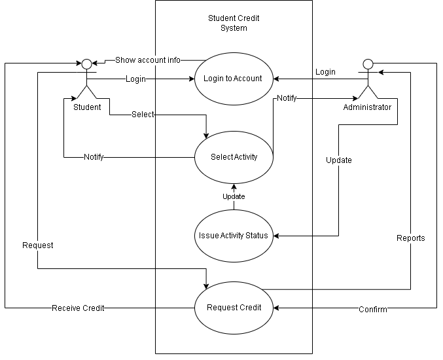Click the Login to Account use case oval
[233, 79]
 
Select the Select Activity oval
[234, 157]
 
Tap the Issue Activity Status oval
[234, 236]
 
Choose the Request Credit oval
[234, 308]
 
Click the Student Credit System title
[234, 23]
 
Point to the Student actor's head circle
[86, 63]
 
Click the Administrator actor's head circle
[368, 63]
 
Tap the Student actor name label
[87, 107]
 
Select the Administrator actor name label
[367, 107]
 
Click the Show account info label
[148, 60]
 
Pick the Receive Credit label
[78, 308]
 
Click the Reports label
[410, 238]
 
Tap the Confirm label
[372, 309]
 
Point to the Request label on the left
[38, 245]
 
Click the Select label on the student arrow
[143, 115]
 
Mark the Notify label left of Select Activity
[94, 157]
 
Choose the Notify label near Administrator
[287, 98]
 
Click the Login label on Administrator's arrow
[325, 72]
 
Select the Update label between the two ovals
[234, 196]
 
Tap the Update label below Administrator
[339, 160]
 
